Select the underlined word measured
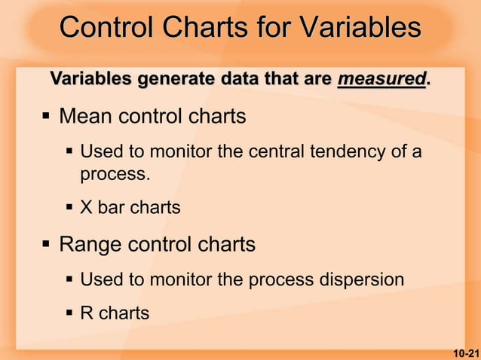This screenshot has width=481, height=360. click(x=381, y=78)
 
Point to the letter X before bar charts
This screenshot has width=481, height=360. click(x=87, y=207)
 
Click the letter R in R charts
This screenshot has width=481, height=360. click(x=87, y=313)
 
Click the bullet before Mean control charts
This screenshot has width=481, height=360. click(x=46, y=117)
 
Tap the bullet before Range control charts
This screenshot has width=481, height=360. click(x=46, y=245)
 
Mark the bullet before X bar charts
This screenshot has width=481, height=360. click(x=69, y=207)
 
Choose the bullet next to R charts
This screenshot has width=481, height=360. click(x=69, y=313)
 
